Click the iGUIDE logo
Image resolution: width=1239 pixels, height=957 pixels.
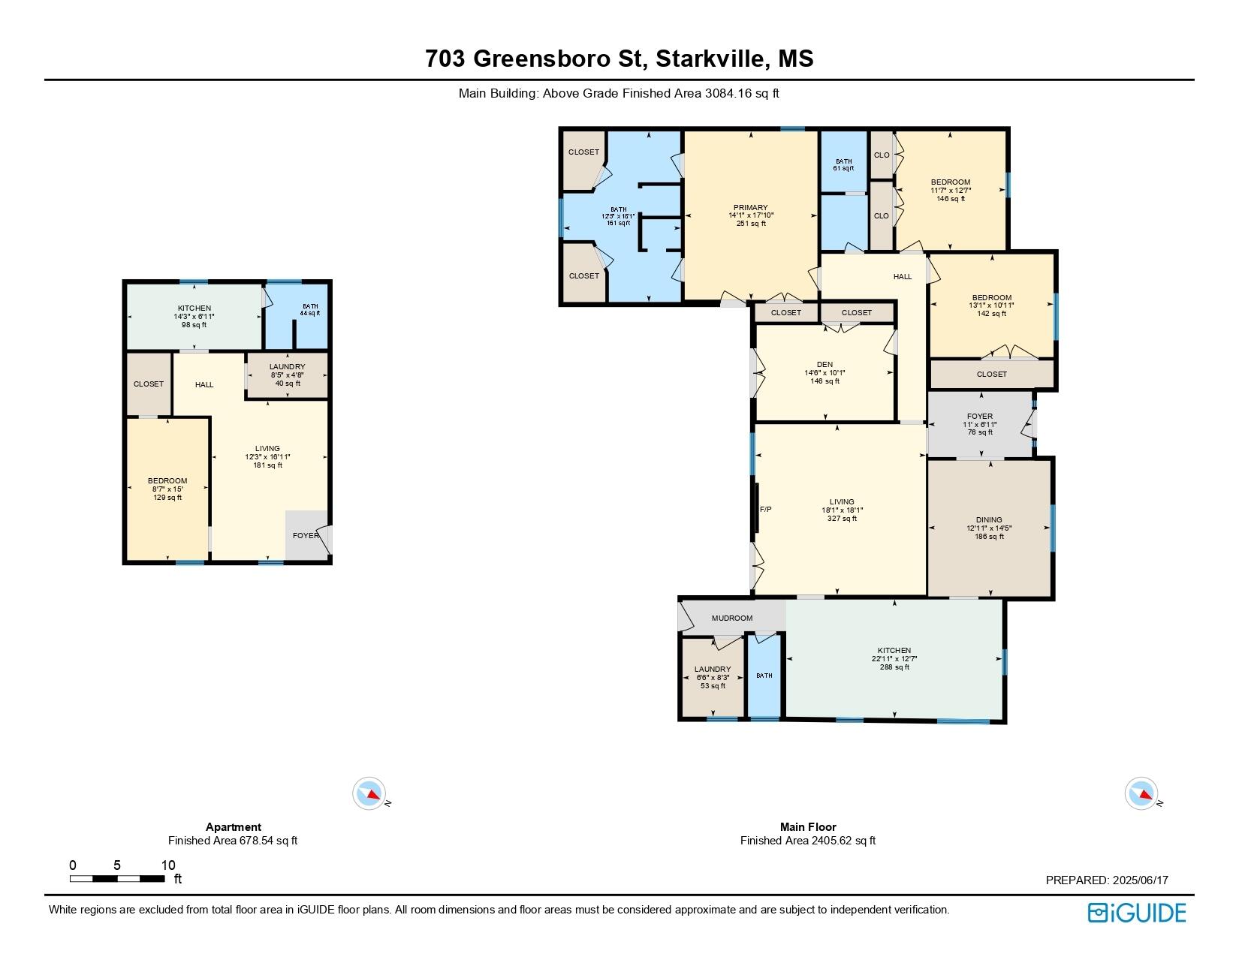click(1136, 913)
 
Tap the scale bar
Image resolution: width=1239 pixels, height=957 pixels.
click(117, 878)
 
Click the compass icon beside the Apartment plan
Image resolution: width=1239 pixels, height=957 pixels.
click(369, 793)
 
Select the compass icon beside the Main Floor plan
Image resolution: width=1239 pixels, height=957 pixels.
click(1141, 793)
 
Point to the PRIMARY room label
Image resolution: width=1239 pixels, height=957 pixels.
click(750, 207)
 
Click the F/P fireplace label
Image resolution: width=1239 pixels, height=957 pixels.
click(766, 509)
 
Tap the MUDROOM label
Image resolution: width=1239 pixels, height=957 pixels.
click(732, 618)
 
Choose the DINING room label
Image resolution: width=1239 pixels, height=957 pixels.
click(989, 520)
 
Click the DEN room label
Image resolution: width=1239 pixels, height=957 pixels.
click(824, 364)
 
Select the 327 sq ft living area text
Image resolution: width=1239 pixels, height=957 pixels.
click(842, 518)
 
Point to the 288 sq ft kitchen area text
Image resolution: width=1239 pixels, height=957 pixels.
click(894, 667)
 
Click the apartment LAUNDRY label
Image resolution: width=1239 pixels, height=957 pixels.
click(288, 366)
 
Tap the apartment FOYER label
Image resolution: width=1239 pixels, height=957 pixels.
click(306, 535)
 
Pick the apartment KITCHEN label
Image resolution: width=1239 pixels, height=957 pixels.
click(194, 308)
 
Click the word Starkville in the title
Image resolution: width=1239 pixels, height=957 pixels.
click(710, 59)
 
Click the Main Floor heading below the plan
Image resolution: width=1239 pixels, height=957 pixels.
click(808, 826)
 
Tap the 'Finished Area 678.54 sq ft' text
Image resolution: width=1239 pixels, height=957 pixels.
click(233, 840)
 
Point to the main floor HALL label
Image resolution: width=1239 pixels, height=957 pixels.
click(902, 276)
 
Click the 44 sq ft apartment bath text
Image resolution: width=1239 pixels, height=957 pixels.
click(310, 313)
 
